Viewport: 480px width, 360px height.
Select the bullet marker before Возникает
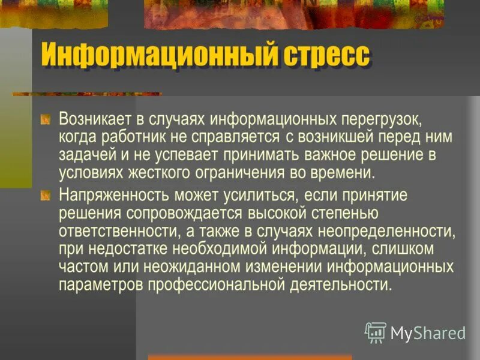[46, 119]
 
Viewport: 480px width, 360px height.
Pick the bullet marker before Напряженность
[46, 196]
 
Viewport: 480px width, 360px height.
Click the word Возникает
[93, 118]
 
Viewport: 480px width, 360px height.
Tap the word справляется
[240, 137]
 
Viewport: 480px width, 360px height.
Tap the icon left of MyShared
[376, 332]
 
